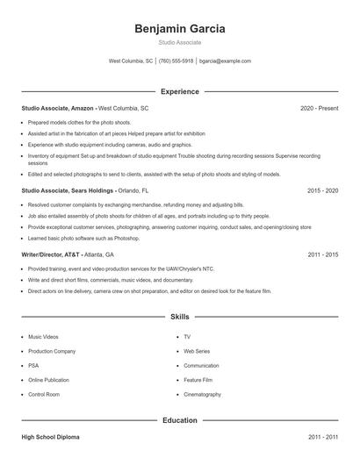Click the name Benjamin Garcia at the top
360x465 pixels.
pyautogui.click(x=180, y=29)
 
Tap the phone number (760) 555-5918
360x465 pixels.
pyautogui.click(x=176, y=61)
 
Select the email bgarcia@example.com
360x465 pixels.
pyautogui.click(x=225, y=61)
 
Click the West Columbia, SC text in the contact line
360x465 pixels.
pyautogui.click(x=131, y=61)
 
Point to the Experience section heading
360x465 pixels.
pyautogui.click(x=180, y=91)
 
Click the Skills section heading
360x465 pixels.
pyautogui.click(x=180, y=316)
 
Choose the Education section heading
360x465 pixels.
pyautogui.click(x=180, y=420)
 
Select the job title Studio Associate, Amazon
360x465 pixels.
pyautogui.click(x=57, y=108)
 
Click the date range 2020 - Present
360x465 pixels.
pyautogui.click(x=319, y=108)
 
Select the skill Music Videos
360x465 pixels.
pyautogui.click(x=43, y=336)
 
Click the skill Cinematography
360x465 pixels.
pyautogui.click(x=203, y=395)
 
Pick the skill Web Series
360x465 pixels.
pyautogui.click(x=196, y=351)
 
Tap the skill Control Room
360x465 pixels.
pyautogui.click(x=43, y=395)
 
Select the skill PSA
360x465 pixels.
pyautogui.click(x=33, y=366)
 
